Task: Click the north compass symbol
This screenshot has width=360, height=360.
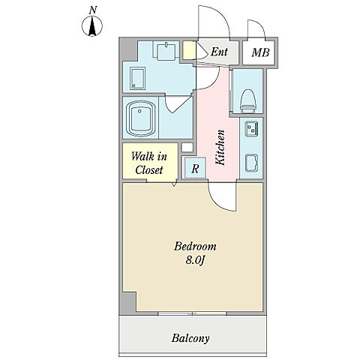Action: (x=92, y=26)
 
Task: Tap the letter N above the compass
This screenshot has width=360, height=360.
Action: (x=93, y=10)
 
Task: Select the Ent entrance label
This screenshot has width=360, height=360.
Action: (x=219, y=52)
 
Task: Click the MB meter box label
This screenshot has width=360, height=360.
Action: (x=260, y=52)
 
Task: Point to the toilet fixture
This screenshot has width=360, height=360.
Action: (x=248, y=100)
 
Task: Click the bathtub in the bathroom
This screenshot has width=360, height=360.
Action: (x=140, y=118)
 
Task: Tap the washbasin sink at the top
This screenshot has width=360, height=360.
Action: (x=166, y=51)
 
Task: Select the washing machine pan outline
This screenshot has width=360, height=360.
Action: (x=137, y=79)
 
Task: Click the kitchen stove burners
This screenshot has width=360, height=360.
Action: (x=251, y=128)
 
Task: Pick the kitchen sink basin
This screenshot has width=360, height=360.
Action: (x=251, y=163)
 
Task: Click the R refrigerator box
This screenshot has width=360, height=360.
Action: (x=195, y=168)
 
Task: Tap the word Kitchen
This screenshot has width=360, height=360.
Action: (x=220, y=147)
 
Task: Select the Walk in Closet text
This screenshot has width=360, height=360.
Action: (x=149, y=163)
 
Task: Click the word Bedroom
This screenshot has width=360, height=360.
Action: (x=195, y=247)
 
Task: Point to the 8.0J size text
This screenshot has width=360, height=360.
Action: (x=195, y=260)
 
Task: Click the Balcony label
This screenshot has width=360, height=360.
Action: (x=190, y=338)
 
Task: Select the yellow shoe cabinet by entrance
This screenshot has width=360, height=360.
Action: (x=189, y=50)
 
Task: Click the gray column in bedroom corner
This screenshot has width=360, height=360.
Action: (x=129, y=304)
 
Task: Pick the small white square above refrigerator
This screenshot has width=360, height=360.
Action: (x=187, y=147)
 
